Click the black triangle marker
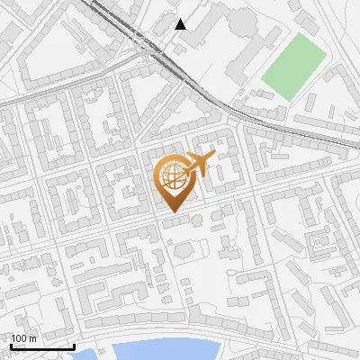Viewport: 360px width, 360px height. pyautogui.click(x=181, y=24)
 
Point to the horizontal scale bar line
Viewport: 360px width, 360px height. pyautogui.click(x=42, y=346)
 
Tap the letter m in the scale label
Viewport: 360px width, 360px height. pyautogui.click(x=32, y=338)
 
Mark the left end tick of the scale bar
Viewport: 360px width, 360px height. pyautogui.click(x=12, y=346)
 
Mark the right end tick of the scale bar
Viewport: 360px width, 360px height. pyautogui.click(x=74, y=346)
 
